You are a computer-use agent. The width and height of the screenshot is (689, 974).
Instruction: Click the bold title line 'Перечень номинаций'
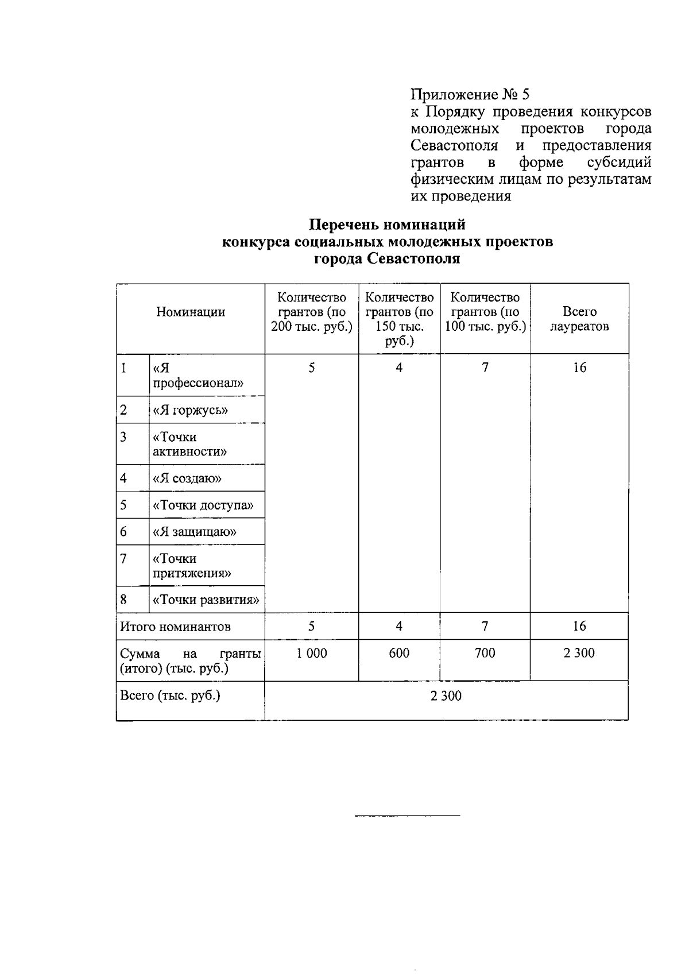tap(388, 225)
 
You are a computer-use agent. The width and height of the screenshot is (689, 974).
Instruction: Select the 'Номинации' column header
tap(191, 312)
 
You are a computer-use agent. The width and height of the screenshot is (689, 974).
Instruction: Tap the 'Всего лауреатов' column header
tap(579, 319)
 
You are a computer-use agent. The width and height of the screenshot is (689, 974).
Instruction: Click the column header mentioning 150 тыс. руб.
tap(399, 319)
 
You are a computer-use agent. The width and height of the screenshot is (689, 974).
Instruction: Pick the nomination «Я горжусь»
tap(190, 410)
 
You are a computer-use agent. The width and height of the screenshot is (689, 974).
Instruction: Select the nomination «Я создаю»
tap(187, 478)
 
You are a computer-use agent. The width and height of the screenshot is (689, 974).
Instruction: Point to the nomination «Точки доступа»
tap(203, 505)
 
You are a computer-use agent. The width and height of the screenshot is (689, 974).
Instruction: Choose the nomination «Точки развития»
tap(206, 600)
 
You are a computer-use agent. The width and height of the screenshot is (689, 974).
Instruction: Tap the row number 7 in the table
tap(123, 559)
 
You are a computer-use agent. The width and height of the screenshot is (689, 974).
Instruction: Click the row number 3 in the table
tap(123, 437)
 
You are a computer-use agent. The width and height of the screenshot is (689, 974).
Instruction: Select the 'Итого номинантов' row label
tap(175, 627)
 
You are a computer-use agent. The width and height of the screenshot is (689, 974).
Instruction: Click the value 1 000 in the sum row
tap(312, 653)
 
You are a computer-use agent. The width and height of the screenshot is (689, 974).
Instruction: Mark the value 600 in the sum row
tap(399, 653)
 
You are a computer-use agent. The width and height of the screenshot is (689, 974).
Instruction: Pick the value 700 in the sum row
tap(485, 653)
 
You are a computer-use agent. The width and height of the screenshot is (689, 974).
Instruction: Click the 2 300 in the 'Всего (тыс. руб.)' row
tap(446, 696)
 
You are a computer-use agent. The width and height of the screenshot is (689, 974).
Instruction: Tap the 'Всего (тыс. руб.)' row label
tap(170, 695)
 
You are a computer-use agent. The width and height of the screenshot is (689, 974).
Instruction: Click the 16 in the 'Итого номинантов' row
tap(579, 626)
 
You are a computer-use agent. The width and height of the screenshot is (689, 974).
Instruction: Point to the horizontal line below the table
tap(408, 815)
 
